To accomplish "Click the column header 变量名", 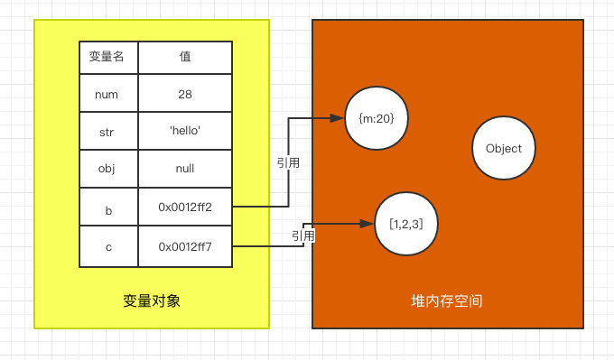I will tap(107, 57).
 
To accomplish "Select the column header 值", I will tap(185, 57).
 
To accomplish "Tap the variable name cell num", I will tap(107, 94).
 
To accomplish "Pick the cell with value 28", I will tap(185, 94).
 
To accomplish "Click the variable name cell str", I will tap(107, 131).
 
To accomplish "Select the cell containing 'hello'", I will tap(185, 131).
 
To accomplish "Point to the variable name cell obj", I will tap(107, 168).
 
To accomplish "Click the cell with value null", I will tap(185, 168).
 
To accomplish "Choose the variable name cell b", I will tap(107, 208).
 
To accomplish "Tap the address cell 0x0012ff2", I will tap(185, 208).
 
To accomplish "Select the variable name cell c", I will tap(107, 245).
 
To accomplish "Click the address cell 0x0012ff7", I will tap(185, 245).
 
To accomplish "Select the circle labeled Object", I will tap(503, 149).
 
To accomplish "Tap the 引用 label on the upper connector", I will tap(288, 163).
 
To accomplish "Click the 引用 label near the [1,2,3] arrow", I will tap(303, 235).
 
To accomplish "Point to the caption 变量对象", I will tap(152, 300).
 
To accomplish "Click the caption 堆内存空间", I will tap(446, 300).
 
